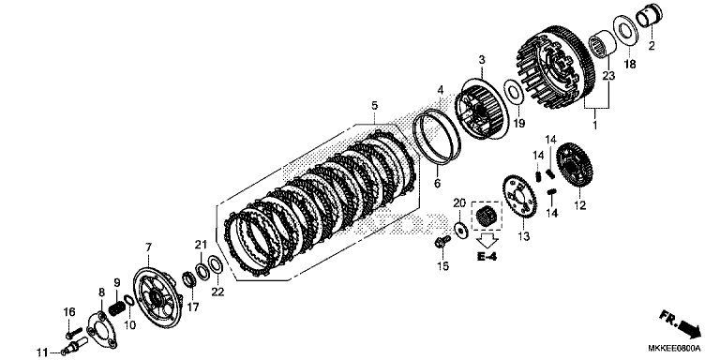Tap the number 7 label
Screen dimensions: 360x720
pyautogui.click(x=146, y=247)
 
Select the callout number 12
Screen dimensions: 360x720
pyautogui.click(x=580, y=204)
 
